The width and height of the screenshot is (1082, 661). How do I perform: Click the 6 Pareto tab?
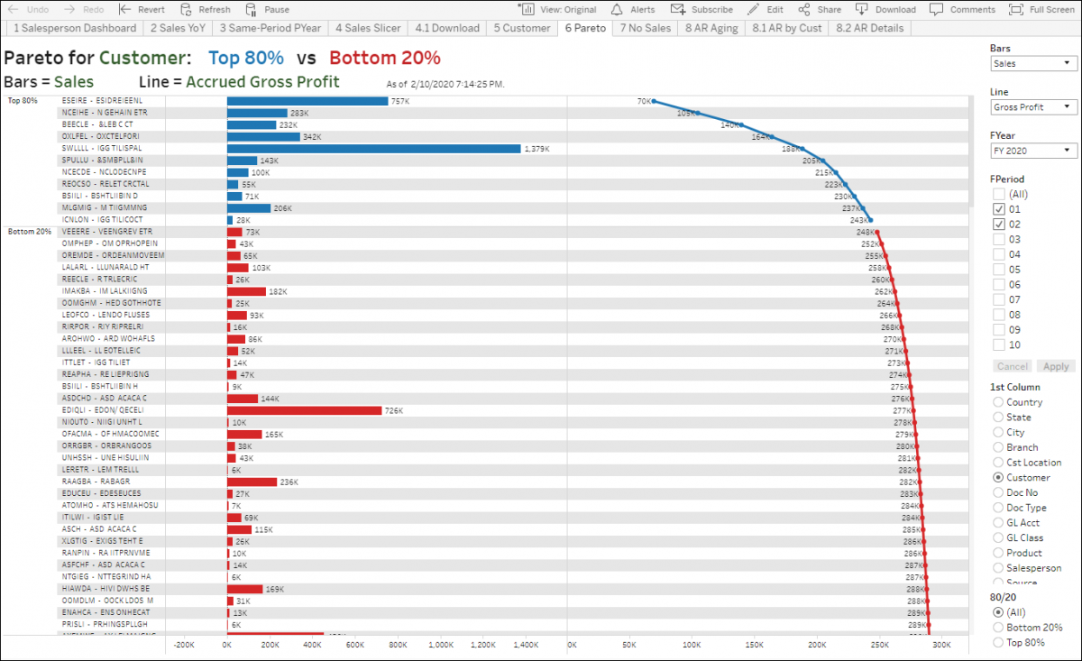[x=585, y=28]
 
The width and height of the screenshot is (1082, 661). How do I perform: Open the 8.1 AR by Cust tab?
[x=787, y=28]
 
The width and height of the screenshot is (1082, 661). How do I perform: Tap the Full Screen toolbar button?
[x=1041, y=9]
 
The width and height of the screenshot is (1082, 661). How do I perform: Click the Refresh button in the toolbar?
[x=206, y=9]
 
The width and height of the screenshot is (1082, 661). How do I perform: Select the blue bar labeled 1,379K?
[x=373, y=148]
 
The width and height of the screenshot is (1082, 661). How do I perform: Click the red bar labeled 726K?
[x=304, y=410]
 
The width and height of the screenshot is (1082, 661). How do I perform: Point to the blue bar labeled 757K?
[x=307, y=100]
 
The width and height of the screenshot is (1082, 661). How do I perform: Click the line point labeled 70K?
[x=654, y=101]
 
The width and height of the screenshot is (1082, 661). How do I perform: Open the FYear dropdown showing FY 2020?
[x=1032, y=151]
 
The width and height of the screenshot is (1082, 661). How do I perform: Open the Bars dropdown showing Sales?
[x=1032, y=64]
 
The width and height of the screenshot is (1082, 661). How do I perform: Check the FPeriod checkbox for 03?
[x=999, y=239]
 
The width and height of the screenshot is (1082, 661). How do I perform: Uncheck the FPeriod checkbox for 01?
[x=999, y=209]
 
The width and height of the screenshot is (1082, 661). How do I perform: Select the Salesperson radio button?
[x=998, y=568]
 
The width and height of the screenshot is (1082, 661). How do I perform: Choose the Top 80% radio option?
[x=998, y=642]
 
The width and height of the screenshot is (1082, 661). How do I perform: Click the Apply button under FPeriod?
[x=1056, y=366]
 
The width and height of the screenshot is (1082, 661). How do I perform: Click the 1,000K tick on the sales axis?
[x=440, y=646]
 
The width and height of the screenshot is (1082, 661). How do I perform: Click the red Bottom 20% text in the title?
[x=385, y=59]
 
